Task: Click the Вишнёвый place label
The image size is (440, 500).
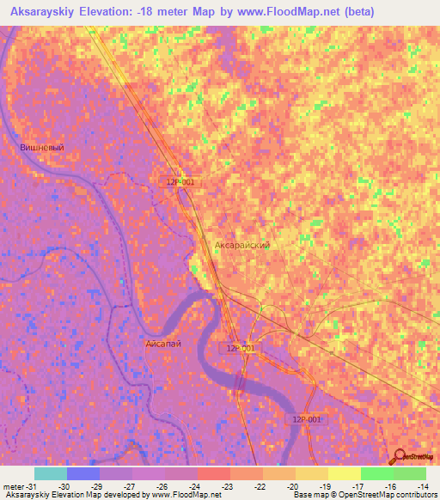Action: (42, 148)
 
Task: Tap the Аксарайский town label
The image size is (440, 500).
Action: (242, 245)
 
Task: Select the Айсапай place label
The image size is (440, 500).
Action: (162, 343)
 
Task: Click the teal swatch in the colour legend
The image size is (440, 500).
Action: (51, 473)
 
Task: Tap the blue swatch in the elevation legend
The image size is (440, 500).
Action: (83, 473)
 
